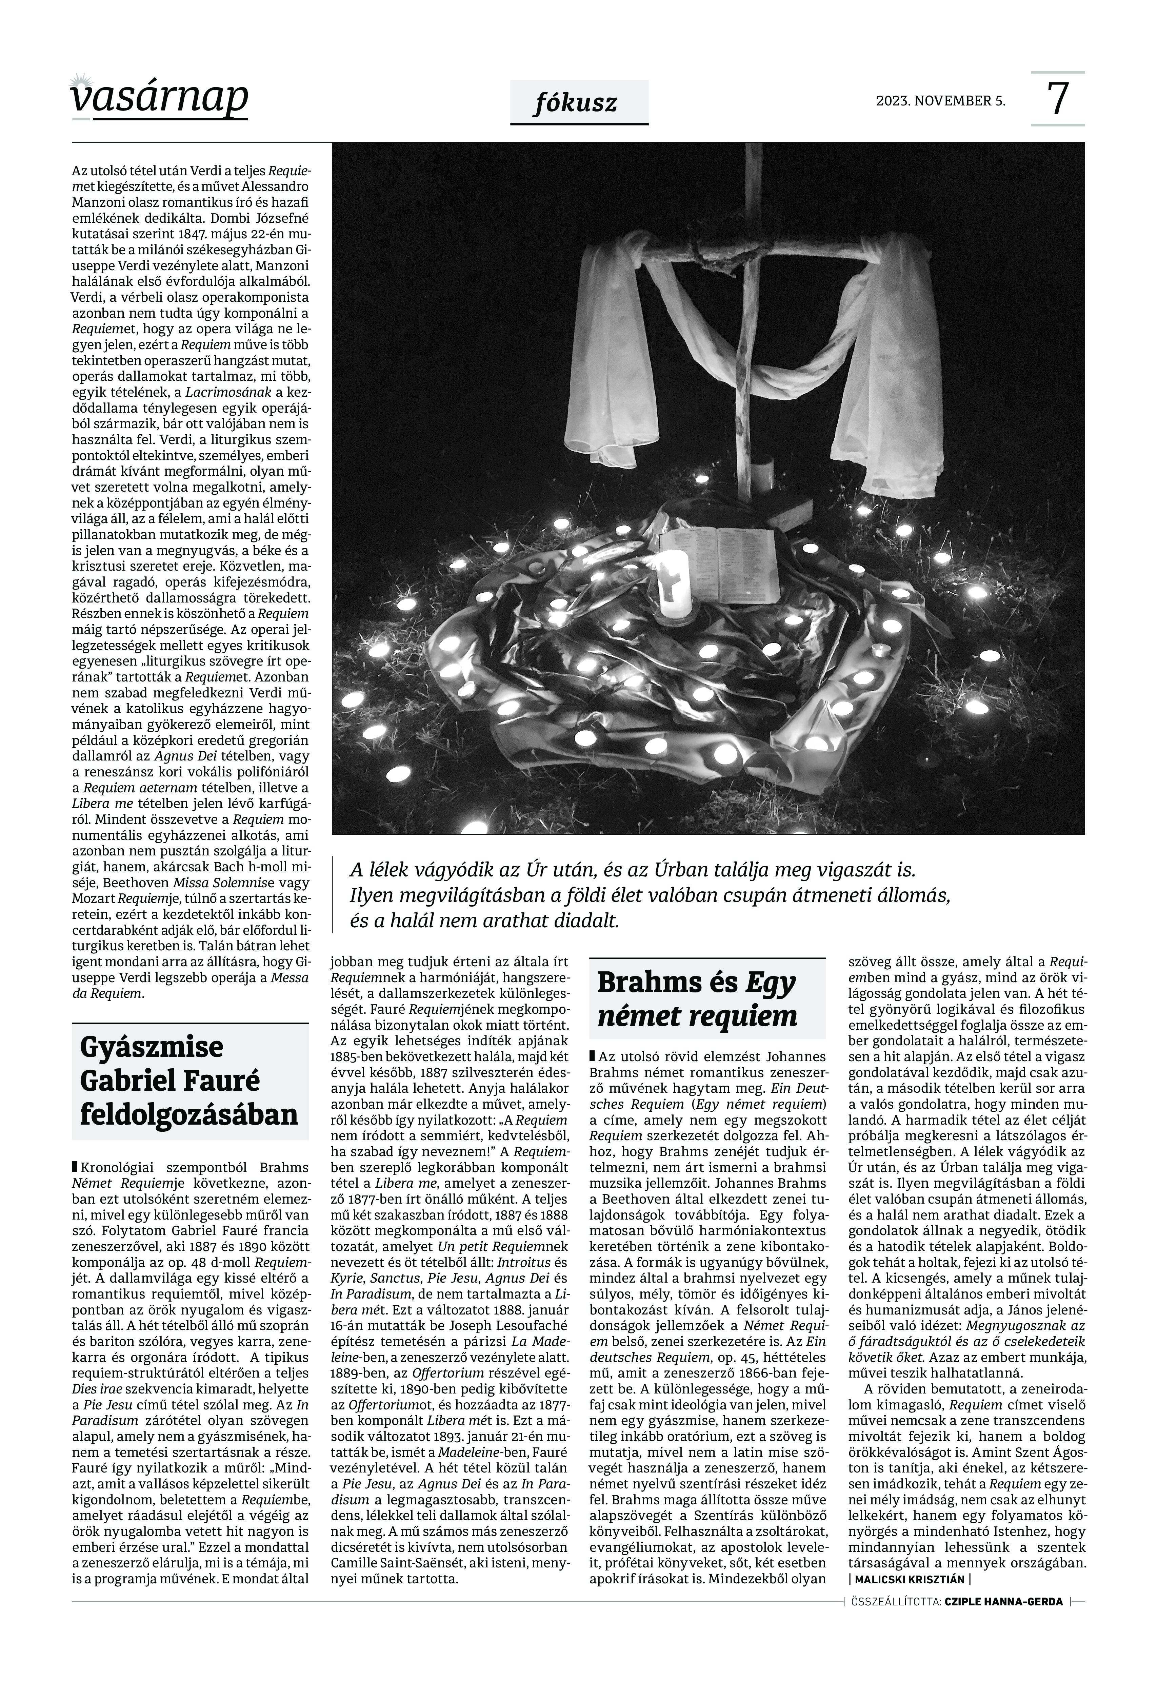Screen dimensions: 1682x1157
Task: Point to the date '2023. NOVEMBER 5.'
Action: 940,101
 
